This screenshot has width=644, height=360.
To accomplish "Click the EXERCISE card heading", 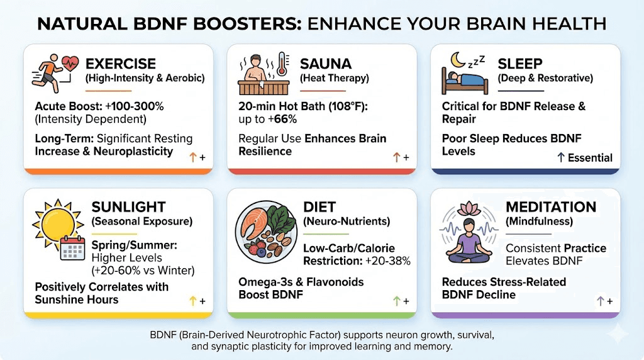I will [121, 64].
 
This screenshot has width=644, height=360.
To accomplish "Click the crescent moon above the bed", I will [457, 60].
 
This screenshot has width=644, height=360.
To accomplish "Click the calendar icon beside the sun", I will [72, 247].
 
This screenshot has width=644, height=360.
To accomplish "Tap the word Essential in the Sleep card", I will [590, 158].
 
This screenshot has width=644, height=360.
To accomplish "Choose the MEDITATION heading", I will [551, 206].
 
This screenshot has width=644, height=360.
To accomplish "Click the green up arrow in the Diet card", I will [396, 301].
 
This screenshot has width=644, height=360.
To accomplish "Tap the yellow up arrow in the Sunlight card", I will [193, 301].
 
